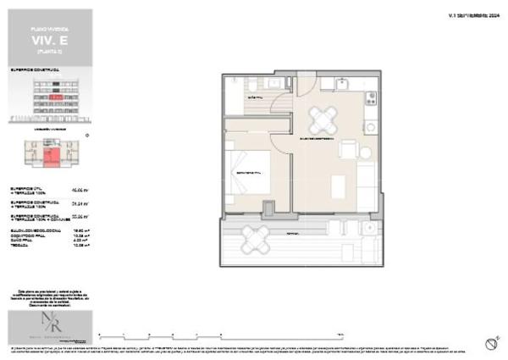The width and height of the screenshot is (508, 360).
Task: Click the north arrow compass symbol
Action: click(x=490, y=343)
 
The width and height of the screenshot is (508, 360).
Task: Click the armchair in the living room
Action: click(x=349, y=150)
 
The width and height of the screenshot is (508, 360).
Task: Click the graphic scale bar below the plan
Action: click(x=220, y=332)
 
